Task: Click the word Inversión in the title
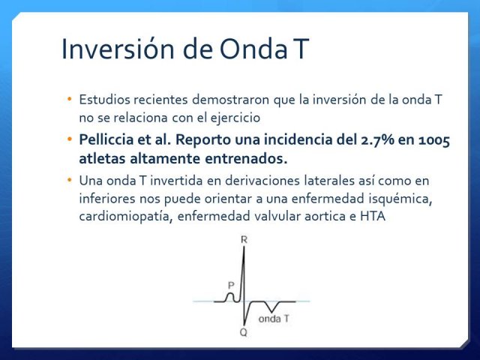click(x=118, y=49)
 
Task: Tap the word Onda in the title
click(x=253, y=49)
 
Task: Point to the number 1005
click(x=434, y=140)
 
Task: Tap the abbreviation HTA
click(x=373, y=216)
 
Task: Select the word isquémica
click(x=400, y=199)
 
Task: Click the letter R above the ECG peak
click(x=244, y=240)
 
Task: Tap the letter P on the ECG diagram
click(x=231, y=286)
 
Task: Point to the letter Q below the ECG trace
click(x=243, y=331)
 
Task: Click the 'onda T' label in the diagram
click(x=274, y=319)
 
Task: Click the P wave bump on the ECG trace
click(x=230, y=297)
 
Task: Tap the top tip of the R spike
click(x=244, y=247)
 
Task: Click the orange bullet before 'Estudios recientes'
click(x=70, y=99)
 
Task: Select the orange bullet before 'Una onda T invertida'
click(x=70, y=180)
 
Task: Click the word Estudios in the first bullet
click(x=104, y=100)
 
